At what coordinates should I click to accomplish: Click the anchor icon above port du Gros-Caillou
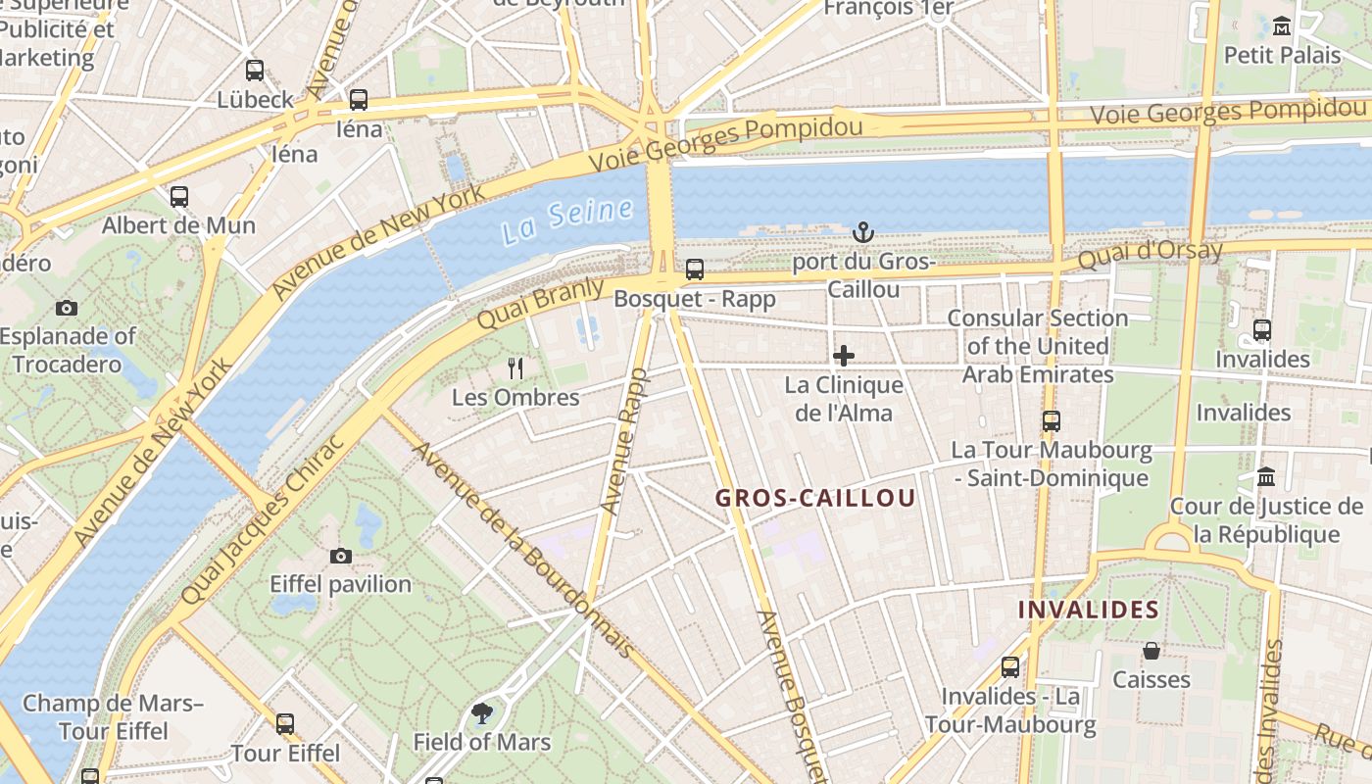(862, 232)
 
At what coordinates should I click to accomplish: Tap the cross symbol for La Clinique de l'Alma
(843, 355)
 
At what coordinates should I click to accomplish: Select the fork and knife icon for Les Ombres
(515, 368)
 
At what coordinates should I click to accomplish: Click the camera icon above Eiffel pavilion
(340, 556)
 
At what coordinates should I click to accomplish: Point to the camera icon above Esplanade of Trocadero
(67, 308)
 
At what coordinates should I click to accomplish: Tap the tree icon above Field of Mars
(481, 712)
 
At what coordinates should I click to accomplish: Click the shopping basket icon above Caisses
(1151, 651)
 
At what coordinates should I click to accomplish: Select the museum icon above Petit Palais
(1281, 25)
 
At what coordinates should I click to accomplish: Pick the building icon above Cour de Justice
(1266, 477)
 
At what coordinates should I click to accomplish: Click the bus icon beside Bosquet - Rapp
(695, 269)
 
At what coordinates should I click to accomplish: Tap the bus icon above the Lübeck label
(255, 71)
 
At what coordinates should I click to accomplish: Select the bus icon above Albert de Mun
(178, 196)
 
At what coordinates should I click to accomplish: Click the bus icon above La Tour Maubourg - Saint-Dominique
(1052, 421)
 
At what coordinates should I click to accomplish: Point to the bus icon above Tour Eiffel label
(285, 724)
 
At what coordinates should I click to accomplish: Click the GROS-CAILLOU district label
(815, 498)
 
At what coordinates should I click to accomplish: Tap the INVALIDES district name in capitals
(1088, 610)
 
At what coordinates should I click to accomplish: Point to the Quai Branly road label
(526, 301)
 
